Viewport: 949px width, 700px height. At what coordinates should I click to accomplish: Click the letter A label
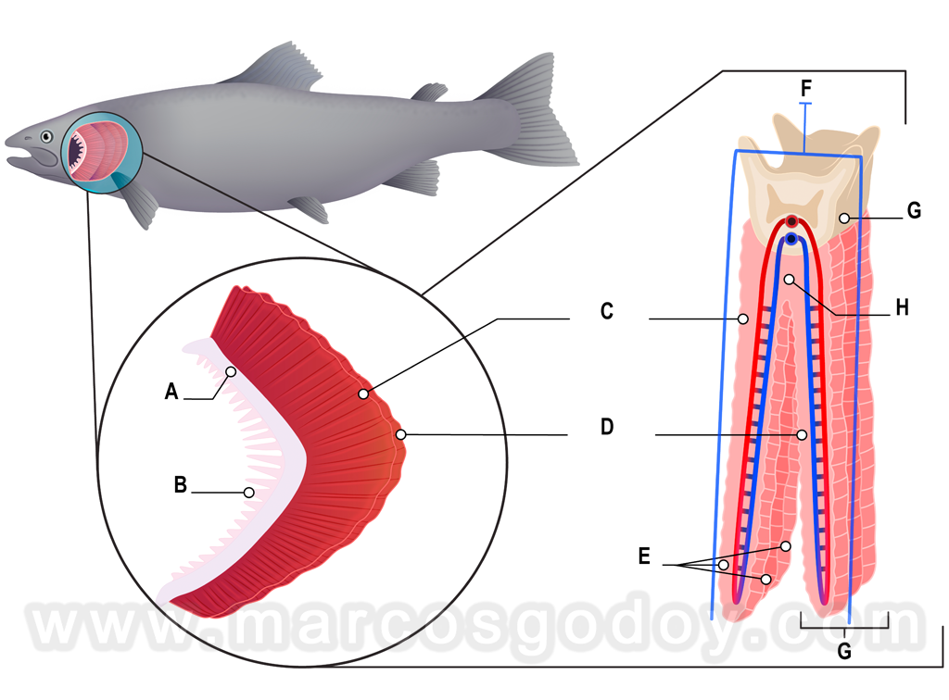click(171, 392)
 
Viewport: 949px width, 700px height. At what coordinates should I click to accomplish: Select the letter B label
click(181, 485)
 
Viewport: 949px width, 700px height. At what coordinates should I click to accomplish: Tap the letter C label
click(606, 311)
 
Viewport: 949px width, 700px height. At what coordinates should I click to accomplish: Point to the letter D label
click(607, 427)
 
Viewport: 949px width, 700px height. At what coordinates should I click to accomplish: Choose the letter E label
click(645, 556)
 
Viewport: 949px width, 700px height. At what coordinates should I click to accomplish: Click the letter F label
click(805, 88)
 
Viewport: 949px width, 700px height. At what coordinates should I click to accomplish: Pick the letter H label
click(903, 307)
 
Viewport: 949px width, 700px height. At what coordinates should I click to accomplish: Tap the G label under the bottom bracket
click(844, 651)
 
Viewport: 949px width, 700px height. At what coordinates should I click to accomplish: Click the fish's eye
click(46, 137)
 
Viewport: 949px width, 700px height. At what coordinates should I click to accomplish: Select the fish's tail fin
click(533, 112)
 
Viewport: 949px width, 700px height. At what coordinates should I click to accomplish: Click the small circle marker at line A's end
click(231, 372)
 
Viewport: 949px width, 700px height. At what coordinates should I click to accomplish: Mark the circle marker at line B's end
click(248, 493)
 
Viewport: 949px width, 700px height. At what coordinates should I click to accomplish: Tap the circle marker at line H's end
click(790, 280)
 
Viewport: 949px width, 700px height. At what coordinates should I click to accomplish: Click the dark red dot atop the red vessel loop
click(791, 221)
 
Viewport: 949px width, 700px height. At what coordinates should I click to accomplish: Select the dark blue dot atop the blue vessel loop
click(791, 239)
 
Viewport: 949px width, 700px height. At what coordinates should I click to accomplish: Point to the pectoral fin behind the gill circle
click(138, 203)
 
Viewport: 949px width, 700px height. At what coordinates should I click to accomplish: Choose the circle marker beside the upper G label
click(845, 218)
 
